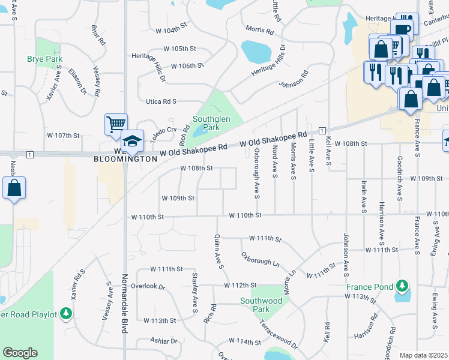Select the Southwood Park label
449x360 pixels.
[x=261, y=304]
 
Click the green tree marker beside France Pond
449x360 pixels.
[x=402, y=287]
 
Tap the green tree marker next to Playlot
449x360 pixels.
[x=66, y=314]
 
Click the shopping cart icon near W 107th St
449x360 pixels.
[x=115, y=124]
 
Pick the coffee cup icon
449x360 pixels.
[x=402, y=29]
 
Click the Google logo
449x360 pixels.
[x=20, y=353]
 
